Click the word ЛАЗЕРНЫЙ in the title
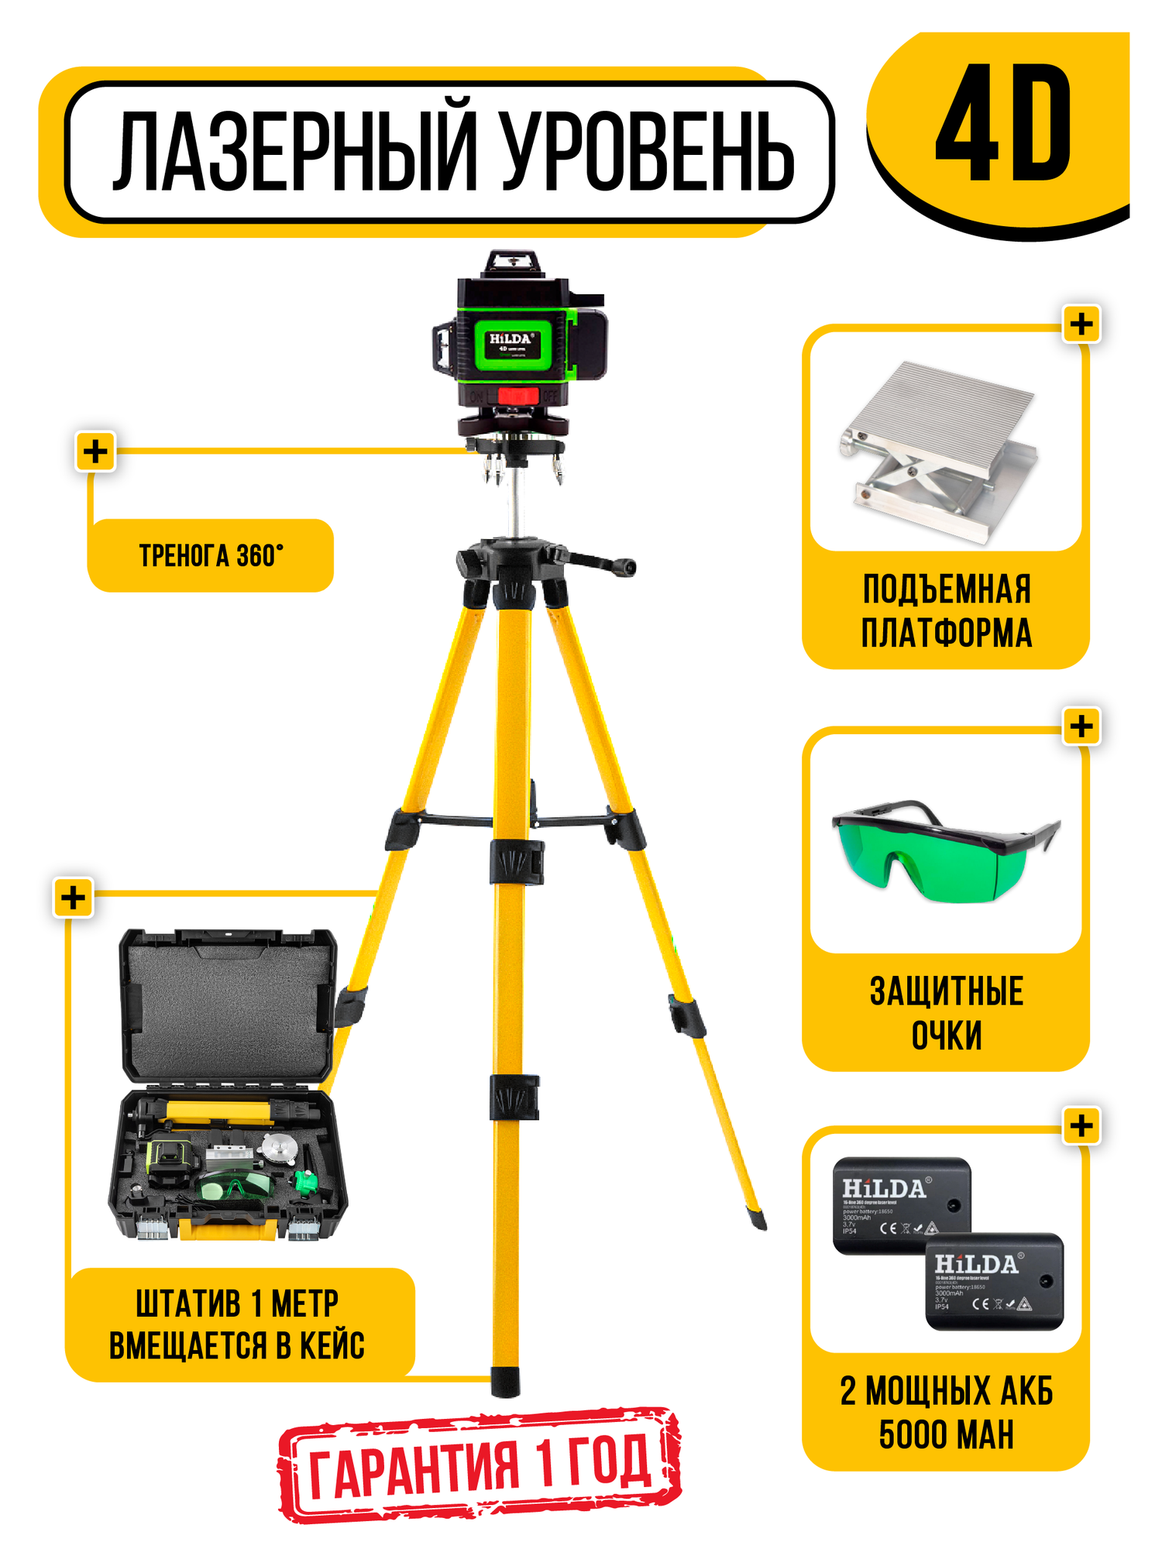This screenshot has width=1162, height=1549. click(x=293, y=152)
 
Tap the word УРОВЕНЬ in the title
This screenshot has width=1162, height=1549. click(x=648, y=152)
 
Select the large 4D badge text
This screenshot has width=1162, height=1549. click(x=1003, y=124)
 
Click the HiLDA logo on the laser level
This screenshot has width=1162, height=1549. click(x=510, y=339)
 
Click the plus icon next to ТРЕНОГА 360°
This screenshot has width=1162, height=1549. click(x=95, y=452)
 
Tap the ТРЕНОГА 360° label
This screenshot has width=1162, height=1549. click(x=211, y=556)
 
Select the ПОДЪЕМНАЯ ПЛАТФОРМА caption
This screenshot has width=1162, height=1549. click(x=946, y=611)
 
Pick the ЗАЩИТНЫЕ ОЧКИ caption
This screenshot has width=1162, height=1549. click(x=946, y=1013)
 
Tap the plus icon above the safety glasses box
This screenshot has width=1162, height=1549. click(x=1081, y=726)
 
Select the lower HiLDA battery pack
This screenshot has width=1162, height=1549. click(x=994, y=1282)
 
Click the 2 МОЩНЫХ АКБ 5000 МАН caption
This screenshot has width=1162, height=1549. click(x=946, y=1413)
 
